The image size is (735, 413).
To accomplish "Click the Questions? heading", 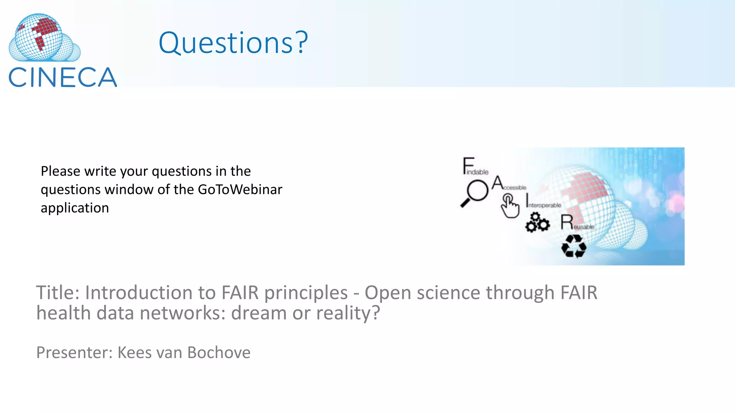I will pyautogui.click(x=233, y=43).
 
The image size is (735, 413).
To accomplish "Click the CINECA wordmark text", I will pyautogui.click(x=63, y=77).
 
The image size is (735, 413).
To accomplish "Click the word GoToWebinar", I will pyautogui.click(x=240, y=189).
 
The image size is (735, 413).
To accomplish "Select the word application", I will pyautogui.click(x=75, y=208).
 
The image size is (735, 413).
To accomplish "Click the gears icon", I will pyautogui.click(x=537, y=223).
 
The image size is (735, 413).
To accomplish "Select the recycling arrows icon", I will pyautogui.click(x=574, y=246).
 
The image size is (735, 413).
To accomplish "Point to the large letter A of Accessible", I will pyautogui.click(x=497, y=182).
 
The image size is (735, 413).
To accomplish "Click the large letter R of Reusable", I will pyautogui.click(x=567, y=222).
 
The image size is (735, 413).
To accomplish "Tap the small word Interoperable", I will pyautogui.click(x=544, y=205).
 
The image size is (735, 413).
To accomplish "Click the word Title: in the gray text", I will pyautogui.click(x=58, y=293).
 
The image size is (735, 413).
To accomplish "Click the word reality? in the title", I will pyautogui.click(x=348, y=313).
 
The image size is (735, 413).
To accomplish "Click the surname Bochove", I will pyautogui.click(x=219, y=352).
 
